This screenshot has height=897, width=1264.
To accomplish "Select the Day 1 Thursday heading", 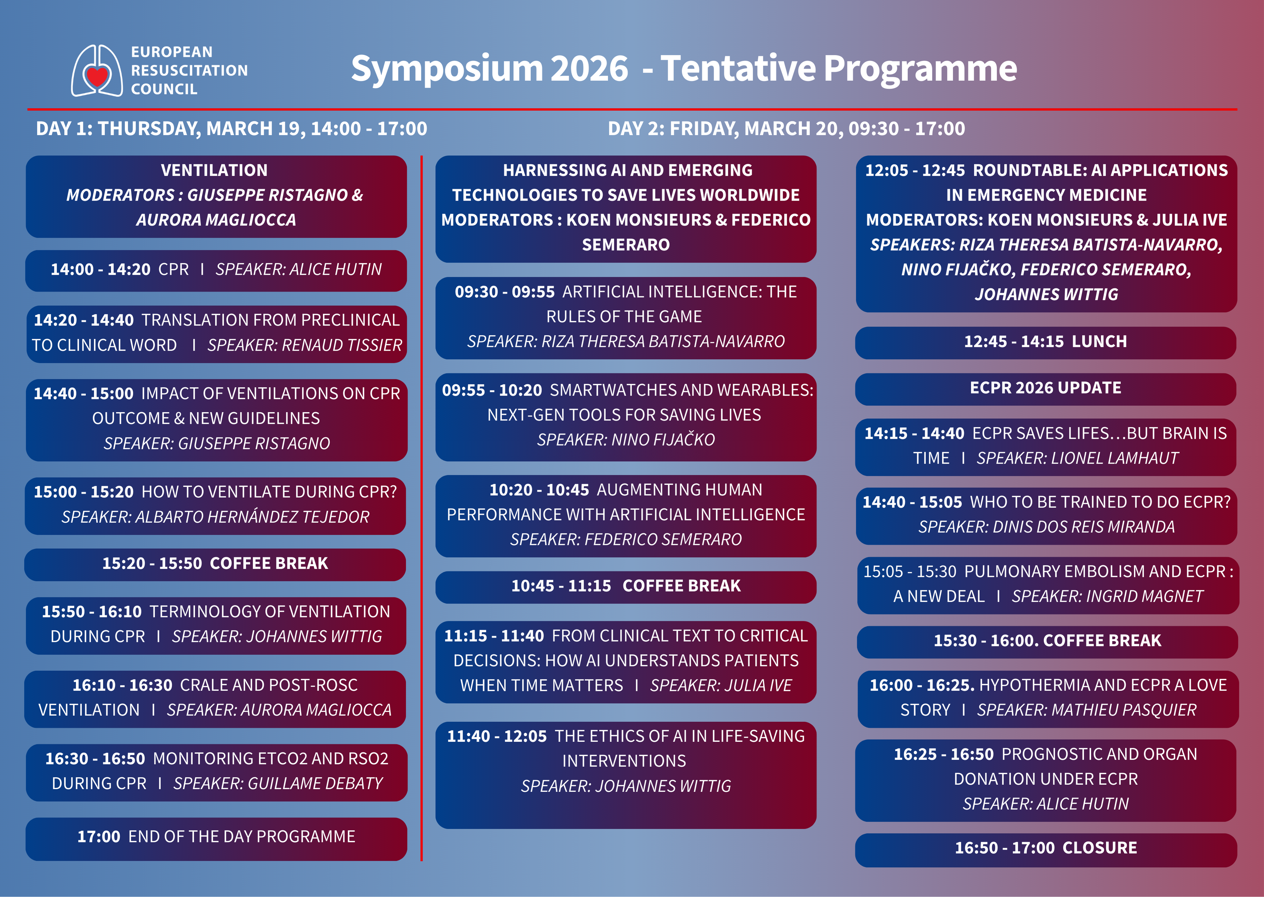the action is click(x=231, y=129).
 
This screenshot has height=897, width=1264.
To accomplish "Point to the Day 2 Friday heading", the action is click(x=787, y=129).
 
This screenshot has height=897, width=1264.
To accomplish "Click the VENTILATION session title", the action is click(x=214, y=170).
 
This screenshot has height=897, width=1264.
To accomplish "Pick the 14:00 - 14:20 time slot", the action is click(x=100, y=270).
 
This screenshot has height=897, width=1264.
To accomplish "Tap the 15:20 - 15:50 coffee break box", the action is click(x=215, y=564).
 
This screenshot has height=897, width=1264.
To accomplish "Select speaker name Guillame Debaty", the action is click(x=315, y=783).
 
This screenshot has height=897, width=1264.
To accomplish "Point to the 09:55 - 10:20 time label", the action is click(x=492, y=390).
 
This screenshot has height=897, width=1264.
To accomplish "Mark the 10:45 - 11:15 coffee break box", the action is click(x=626, y=587).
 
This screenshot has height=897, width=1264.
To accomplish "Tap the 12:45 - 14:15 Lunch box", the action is click(x=1045, y=342).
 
